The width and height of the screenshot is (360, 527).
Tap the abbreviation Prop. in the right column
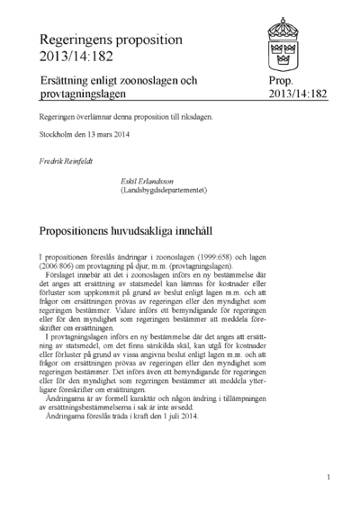282,82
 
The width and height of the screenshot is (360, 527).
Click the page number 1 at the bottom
329,478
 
